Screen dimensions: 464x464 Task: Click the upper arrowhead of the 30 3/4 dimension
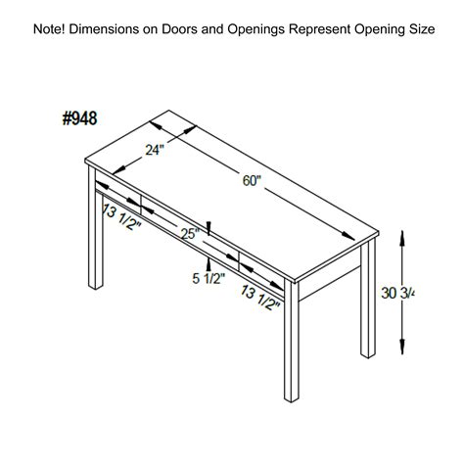tap(402, 239)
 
